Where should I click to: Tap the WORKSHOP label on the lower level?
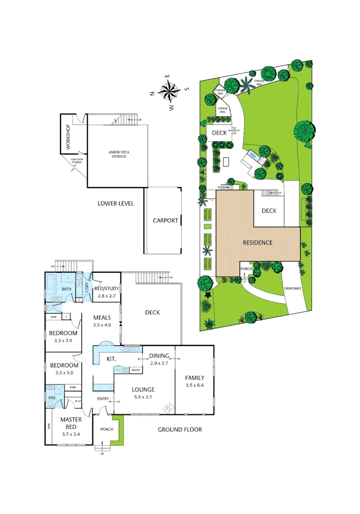coord(68,137)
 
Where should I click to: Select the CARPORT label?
coord(165,220)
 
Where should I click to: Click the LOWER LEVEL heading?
coord(116,204)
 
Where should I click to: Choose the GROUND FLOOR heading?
coord(180,429)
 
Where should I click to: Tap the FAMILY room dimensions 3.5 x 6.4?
coord(194,385)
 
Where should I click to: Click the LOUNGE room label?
coord(143,389)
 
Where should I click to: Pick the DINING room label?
coord(159,356)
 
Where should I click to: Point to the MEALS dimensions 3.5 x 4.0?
coord(102,325)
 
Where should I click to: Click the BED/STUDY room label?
coord(107,289)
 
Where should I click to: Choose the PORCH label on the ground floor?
coord(106,429)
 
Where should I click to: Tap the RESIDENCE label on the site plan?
coord(258,242)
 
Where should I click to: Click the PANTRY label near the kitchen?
coord(136,370)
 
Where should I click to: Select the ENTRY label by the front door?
coord(103,399)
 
